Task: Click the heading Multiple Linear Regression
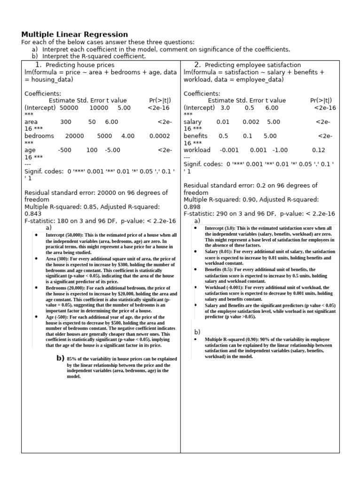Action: (75, 34)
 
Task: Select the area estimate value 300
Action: (66, 122)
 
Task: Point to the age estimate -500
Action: (65, 150)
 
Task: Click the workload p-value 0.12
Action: (318, 150)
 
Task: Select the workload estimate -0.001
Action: (229, 150)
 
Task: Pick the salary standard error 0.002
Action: (251, 122)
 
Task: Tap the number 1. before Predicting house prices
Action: (39, 65)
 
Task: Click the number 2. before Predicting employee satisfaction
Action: (197, 65)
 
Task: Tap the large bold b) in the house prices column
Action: (60, 358)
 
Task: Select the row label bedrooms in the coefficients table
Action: (39, 136)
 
